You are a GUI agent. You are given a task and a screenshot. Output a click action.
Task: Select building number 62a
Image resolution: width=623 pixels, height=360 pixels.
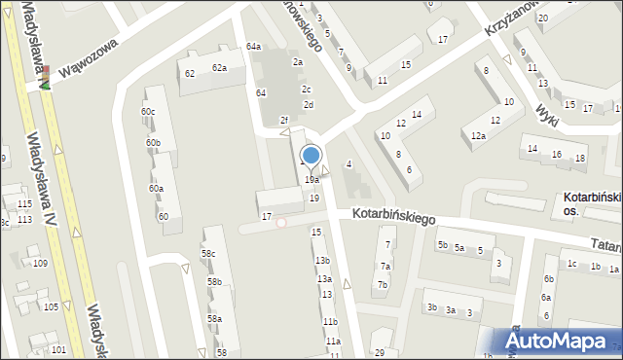point(220,67)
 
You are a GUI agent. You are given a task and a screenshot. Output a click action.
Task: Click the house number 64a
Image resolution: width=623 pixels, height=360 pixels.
point(253,47)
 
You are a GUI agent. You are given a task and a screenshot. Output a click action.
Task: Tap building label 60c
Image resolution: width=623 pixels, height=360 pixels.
point(148,112)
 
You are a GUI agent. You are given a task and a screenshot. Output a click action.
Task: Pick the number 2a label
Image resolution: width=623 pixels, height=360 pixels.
point(299,61)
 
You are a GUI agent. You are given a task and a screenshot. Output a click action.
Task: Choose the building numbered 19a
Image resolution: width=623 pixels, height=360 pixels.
point(311,180)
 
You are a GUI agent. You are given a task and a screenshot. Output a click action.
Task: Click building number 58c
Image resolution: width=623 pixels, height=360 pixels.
point(208,254)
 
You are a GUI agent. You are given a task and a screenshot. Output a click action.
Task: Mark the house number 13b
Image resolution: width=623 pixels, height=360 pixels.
point(322,261)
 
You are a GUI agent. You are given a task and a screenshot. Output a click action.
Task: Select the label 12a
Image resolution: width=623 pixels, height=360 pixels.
point(478,136)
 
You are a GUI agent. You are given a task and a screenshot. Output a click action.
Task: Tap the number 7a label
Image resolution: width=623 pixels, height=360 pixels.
point(385,267)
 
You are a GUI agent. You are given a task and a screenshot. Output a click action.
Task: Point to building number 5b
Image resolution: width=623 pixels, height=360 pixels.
point(442,245)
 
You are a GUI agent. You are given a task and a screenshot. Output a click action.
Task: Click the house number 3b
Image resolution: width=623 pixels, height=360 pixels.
point(431,307)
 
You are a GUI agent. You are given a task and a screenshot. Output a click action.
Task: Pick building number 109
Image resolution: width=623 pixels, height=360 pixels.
point(40,264)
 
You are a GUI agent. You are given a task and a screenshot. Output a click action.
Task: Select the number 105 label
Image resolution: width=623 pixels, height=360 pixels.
point(51,306)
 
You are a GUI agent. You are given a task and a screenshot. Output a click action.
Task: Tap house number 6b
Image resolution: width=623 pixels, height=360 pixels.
point(549,279)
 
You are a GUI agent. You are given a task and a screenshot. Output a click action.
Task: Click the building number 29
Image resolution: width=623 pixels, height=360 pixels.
point(380,352)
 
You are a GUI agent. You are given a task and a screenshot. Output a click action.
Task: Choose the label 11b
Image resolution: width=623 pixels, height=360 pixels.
point(330,322)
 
